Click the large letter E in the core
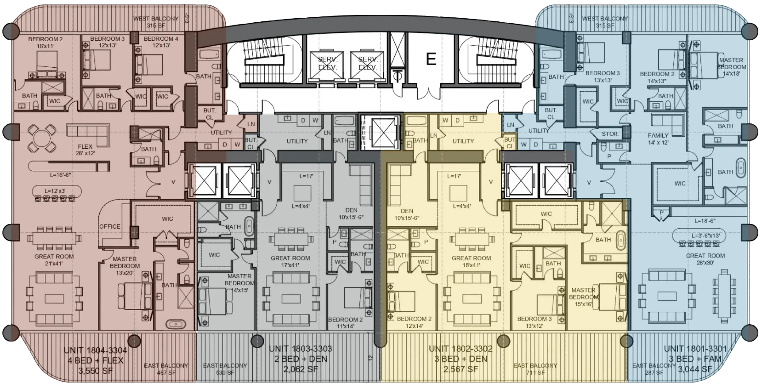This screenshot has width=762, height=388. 431,59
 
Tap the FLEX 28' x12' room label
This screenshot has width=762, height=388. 85,149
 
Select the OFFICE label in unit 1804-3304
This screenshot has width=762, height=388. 110,227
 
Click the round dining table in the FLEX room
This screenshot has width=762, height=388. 42,138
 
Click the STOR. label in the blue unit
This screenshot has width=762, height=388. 610,134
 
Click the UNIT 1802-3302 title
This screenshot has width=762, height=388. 460,349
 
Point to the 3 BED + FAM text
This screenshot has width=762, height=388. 695,359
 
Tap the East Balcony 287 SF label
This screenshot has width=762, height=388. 654,369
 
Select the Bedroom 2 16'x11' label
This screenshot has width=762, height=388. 45,43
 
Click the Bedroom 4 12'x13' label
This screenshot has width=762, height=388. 161,42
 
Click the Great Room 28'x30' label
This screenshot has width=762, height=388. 705,259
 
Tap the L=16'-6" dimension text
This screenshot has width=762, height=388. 61,175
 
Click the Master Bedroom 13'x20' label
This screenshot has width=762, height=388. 125,262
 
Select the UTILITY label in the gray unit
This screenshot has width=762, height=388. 297,141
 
